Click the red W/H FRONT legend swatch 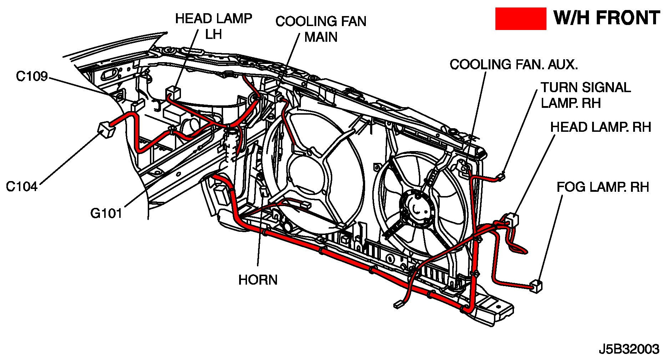point(520,19)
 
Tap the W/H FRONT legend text point(606,18)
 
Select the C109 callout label point(32,76)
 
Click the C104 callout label point(22,186)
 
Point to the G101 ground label point(106,213)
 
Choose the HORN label point(258,280)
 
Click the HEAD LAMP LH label point(213,26)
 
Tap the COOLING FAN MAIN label point(321,29)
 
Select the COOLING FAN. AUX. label point(514,65)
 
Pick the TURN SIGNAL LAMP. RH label point(585,95)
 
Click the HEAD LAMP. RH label point(600,127)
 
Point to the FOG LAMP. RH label point(602,187)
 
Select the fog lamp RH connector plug point(536,286)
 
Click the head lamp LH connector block point(173,93)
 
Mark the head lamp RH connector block point(512,219)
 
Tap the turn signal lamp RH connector point(501,176)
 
